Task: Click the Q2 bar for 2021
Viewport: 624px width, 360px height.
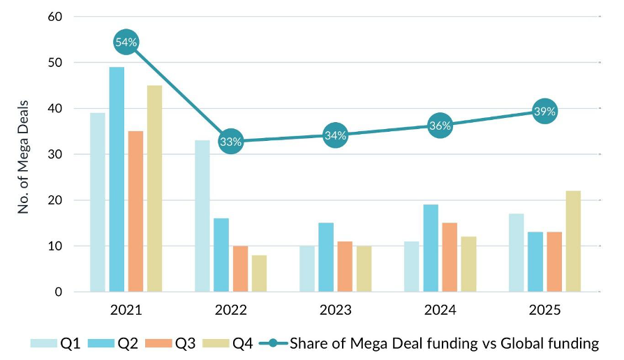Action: (117, 179)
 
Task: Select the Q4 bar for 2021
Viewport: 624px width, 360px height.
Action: (154, 188)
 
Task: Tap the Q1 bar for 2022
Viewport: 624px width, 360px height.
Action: (202, 216)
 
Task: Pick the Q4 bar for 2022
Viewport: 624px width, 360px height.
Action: (259, 273)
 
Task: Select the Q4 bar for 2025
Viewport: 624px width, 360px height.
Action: (573, 241)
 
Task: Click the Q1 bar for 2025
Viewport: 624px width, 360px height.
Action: (516, 253)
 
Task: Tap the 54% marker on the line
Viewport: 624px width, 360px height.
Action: (126, 43)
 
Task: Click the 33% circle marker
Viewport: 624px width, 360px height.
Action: (231, 142)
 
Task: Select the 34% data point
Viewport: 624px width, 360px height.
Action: (336, 135)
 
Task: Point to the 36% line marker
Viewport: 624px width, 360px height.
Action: (440, 126)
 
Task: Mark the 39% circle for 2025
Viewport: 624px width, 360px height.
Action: (544, 112)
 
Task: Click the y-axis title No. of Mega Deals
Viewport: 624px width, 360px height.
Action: (24, 154)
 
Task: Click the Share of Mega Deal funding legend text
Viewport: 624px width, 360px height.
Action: (444, 343)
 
